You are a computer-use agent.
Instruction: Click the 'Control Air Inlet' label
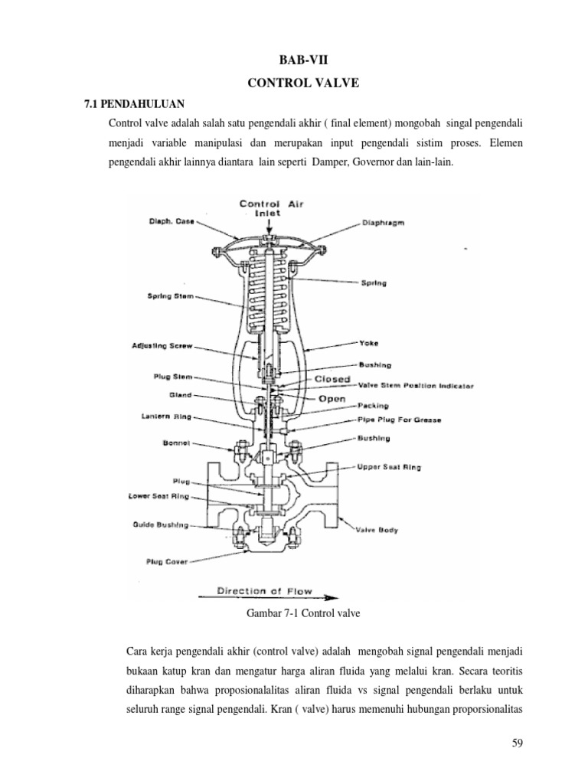[266, 208]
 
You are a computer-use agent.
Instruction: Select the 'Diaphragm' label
[383, 224]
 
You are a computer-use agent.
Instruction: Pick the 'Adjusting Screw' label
[162, 346]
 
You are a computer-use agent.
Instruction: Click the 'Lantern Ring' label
[165, 417]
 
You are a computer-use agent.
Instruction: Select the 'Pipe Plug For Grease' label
[400, 420]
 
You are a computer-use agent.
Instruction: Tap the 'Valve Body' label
[376, 529]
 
